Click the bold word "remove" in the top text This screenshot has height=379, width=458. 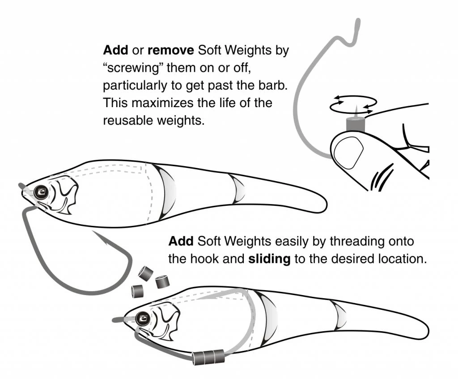pyautogui.click(x=170, y=50)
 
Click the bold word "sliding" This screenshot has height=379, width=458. pyautogui.click(x=269, y=259)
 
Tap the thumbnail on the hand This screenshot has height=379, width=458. pyautogui.click(x=348, y=153)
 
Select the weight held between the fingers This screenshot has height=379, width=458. pyautogui.click(x=355, y=124)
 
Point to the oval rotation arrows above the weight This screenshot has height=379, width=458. pyautogui.click(x=353, y=104)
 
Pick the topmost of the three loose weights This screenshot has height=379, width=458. pyautogui.click(x=146, y=274)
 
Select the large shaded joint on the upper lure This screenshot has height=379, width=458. pyautogui.click(x=166, y=192)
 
